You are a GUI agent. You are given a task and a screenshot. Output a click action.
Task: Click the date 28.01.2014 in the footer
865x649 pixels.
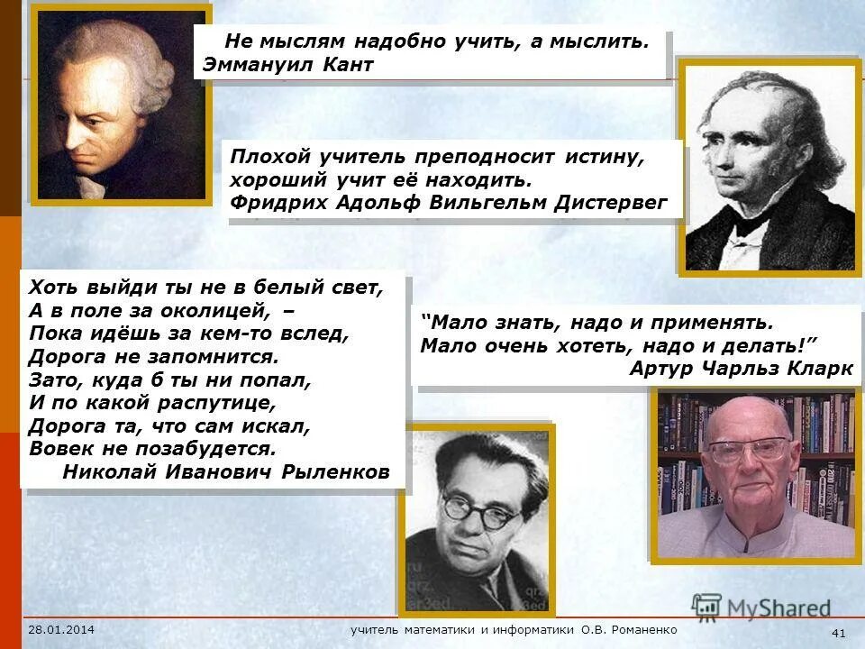point(61,629)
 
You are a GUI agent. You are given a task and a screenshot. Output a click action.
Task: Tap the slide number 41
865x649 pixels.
point(838,633)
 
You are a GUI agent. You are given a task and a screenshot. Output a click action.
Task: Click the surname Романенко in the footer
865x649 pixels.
point(642,629)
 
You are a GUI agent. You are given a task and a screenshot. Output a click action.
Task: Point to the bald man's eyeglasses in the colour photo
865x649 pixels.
point(747,448)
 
